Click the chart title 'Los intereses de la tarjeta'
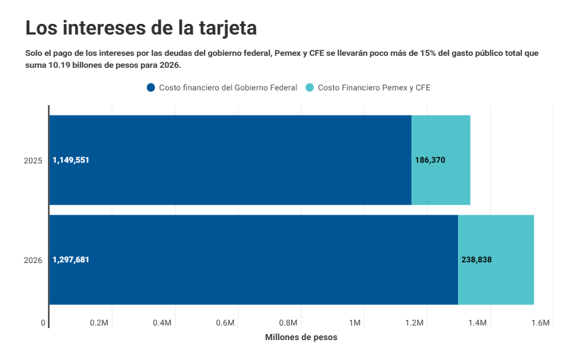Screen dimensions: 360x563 (141, 28)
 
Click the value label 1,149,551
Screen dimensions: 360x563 (70, 160)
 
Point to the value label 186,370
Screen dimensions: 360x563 (429, 160)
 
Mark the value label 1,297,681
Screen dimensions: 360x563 (70, 260)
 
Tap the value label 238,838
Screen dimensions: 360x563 (477, 260)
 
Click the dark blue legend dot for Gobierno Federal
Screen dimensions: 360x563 (151, 88)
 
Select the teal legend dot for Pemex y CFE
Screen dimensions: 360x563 (310, 88)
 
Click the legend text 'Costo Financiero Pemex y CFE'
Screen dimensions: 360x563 (374, 88)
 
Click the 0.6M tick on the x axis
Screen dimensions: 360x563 (225, 323)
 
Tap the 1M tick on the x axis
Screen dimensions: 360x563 (354, 323)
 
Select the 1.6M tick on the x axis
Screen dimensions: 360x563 (541, 323)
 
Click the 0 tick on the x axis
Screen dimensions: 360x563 (43, 323)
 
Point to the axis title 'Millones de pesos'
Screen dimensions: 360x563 (301, 337)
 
